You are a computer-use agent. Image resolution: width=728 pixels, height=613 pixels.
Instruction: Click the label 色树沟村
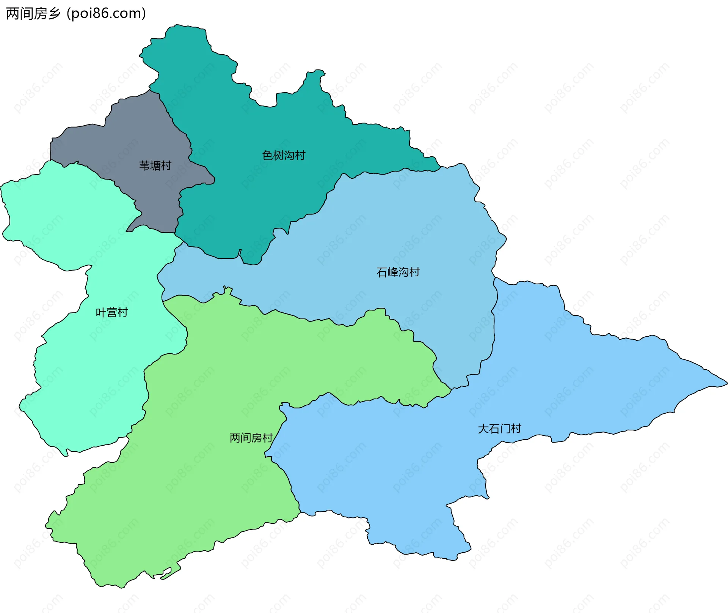tap(284, 156)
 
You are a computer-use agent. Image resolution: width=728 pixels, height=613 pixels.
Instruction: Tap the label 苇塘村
tap(155, 165)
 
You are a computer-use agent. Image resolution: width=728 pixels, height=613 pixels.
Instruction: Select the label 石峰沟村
tap(398, 272)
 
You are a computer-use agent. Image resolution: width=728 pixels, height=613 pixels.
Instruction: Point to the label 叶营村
tap(112, 312)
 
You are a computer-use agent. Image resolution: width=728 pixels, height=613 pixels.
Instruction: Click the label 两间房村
tap(251, 438)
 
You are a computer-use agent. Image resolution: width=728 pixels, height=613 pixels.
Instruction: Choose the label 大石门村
tap(499, 429)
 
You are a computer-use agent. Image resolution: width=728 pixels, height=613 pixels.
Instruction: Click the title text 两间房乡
tap(33, 14)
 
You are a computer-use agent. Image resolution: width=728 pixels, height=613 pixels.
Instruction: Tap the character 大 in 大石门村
tap(483, 429)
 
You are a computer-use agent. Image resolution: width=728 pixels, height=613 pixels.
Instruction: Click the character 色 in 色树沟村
tap(268, 156)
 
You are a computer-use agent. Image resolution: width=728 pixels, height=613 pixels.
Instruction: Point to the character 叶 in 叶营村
tap(101, 312)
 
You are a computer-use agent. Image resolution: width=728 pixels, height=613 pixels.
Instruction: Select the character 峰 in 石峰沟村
tap(392, 272)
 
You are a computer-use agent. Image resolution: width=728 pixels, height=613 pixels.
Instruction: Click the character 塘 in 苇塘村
tap(155, 165)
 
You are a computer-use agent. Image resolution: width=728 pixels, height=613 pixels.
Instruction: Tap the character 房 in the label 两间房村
tap(256, 438)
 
